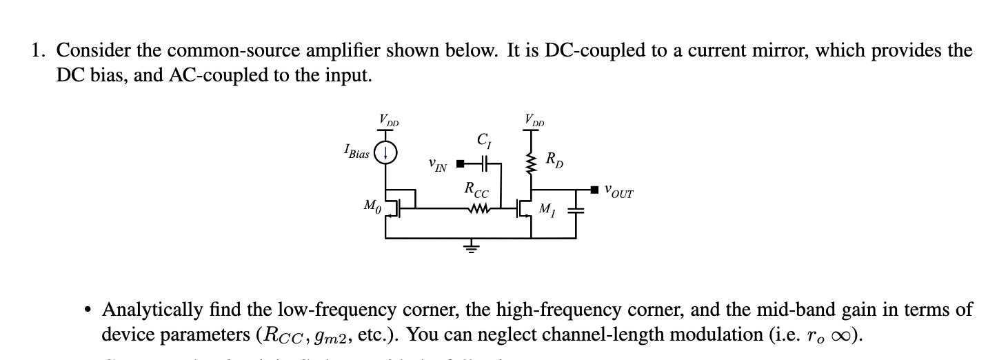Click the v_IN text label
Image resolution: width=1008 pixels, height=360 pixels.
coord(436,166)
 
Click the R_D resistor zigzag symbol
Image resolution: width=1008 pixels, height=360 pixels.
coord(532,163)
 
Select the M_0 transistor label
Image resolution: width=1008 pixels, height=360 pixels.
coord(370,206)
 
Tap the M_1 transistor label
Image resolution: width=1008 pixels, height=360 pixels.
coord(545,208)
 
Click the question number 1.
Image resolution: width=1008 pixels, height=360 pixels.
coord(37,51)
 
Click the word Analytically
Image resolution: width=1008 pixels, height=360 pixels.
coord(148,310)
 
